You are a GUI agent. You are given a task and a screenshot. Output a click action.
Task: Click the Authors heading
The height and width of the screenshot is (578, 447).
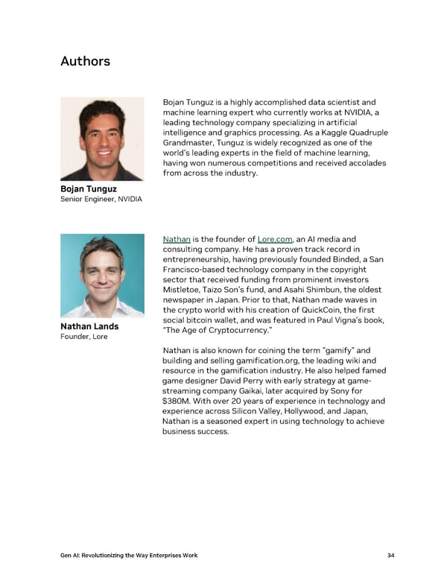(85, 61)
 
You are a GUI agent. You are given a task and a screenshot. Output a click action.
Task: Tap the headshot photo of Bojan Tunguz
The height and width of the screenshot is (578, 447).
(102, 139)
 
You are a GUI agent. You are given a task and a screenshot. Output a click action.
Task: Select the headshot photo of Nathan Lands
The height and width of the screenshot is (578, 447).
(102, 276)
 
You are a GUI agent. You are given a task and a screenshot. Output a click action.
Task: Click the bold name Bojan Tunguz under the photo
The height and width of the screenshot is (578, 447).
(89, 189)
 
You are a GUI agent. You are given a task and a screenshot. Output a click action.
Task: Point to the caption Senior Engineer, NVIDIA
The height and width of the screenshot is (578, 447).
(101, 200)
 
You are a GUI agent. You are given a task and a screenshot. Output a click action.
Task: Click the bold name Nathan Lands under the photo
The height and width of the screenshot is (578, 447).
(89, 326)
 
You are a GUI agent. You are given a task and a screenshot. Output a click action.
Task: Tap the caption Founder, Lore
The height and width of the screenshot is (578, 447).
(83, 337)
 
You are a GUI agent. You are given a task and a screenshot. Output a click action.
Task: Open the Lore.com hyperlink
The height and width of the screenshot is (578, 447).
(274, 239)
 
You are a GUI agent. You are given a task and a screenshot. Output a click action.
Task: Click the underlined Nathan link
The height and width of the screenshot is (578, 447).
(177, 239)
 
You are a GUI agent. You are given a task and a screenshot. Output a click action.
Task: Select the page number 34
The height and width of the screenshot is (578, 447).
(390, 556)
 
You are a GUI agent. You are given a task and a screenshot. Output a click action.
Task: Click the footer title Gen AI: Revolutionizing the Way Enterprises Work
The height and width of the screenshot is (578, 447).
(129, 556)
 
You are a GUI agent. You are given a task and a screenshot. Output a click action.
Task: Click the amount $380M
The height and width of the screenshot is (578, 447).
(177, 401)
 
